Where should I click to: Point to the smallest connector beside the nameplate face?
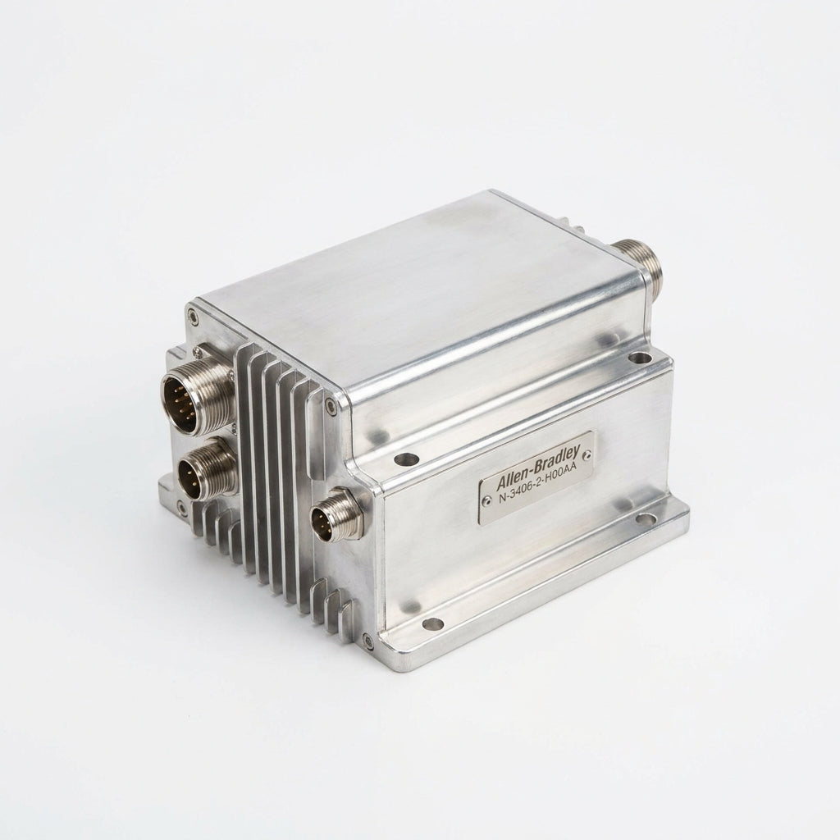tap(336, 515)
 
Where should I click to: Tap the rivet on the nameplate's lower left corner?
tap(486, 500)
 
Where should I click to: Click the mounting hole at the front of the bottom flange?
tap(433, 624)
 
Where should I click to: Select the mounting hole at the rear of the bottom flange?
tap(647, 518)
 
